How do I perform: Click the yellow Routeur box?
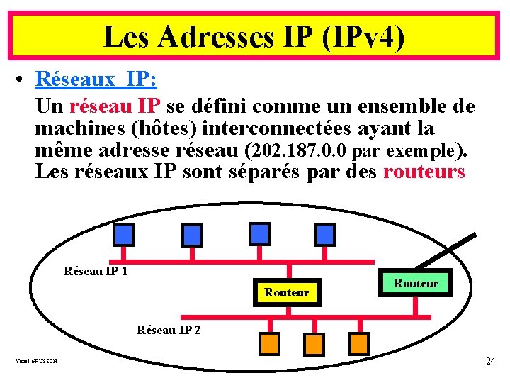click(x=287, y=292)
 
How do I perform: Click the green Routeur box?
click(x=416, y=283)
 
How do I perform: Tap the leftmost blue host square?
click(x=123, y=234)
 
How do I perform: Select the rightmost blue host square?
click(x=324, y=234)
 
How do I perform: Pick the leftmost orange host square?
click(x=270, y=343)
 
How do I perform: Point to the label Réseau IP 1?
click(x=96, y=271)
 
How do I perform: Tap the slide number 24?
click(x=490, y=361)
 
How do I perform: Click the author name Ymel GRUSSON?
click(x=36, y=361)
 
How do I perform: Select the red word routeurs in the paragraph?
click(x=424, y=172)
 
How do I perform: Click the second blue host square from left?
click(x=192, y=234)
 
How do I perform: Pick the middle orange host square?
click(x=314, y=343)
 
